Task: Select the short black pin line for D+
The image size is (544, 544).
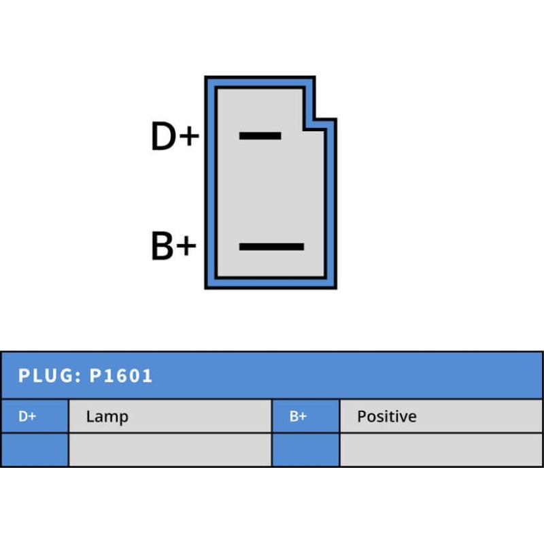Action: coord(260,136)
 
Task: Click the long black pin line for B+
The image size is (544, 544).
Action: coord(271,247)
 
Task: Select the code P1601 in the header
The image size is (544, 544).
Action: coord(121,375)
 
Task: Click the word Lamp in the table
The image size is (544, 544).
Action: coord(107,416)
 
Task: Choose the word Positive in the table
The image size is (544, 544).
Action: coord(386,416)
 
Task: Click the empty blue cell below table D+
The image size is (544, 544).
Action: coord(34,449)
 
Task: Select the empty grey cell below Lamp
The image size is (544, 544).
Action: coord(170,449)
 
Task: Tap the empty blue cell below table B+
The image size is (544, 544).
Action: coord(305,449)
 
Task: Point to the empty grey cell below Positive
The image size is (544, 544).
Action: coord(441,449)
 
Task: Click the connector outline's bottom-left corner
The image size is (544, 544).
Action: coord(207,286)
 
